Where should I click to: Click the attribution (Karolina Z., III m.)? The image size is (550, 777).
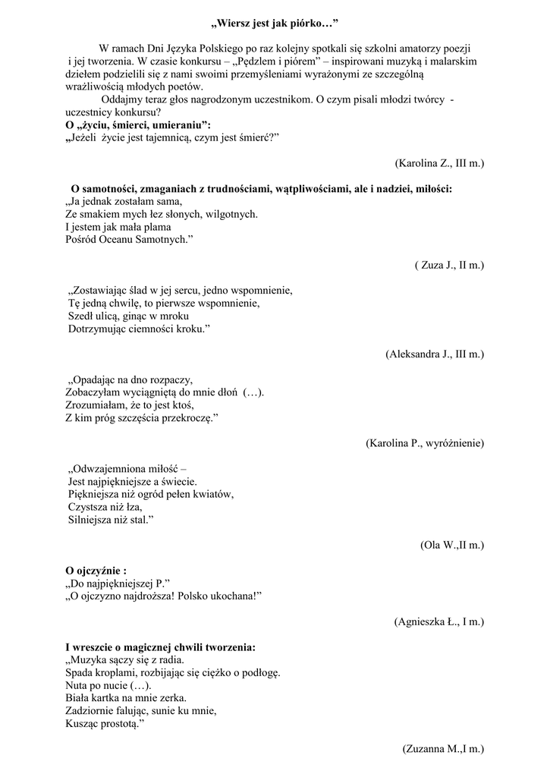click(x=439, y=163)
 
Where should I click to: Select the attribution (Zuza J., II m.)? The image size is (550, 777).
click(x=449, y=265)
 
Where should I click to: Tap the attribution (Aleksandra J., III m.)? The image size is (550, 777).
click(x=435, y=354)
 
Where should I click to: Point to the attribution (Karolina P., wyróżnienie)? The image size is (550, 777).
click(x=425, y=442)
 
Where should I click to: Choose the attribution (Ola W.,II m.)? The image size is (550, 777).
click(x=451, y=545)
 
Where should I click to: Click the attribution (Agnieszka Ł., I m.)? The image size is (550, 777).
click(x=439, y=621)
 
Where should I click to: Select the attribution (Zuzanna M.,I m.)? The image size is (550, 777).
click(x=443, y=749)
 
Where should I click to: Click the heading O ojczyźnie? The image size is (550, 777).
click(x=96, y=571)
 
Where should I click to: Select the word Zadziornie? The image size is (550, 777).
click(x=91, y=711)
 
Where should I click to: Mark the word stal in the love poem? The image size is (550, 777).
click(x=139, y=520)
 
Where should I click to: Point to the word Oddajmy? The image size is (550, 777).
click(x=122, y=99)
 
